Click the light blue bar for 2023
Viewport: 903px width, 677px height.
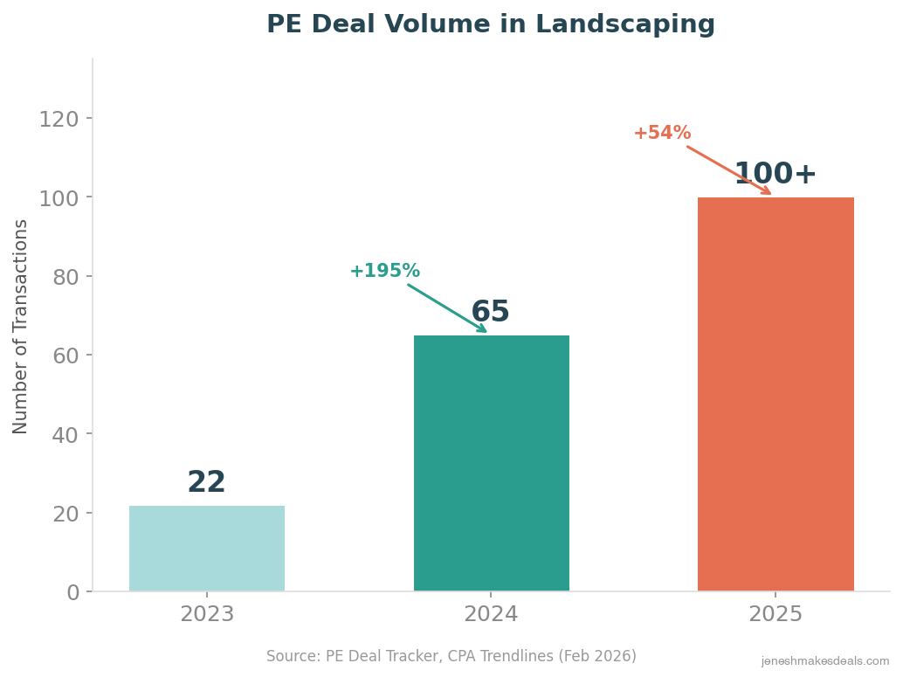click(x=207, y=549)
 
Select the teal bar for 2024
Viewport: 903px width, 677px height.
click(x=491, y=463)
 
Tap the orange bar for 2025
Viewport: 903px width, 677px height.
click(x=775, y=394)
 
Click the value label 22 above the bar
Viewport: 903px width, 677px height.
click(x=207, y=483)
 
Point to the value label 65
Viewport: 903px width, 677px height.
click(x=490, y=313)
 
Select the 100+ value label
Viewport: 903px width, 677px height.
click(x=775, y=175)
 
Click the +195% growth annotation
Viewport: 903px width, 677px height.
click(x=385, y=272)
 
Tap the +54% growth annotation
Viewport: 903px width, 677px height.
click(x=662, y=134)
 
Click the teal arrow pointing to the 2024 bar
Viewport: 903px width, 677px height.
click(x=447, y=308)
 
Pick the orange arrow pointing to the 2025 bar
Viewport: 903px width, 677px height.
click(x=728, y=170)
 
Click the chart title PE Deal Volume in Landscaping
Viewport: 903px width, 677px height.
click(x=491, y=24)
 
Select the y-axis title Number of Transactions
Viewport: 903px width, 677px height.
click(x=21, y=326)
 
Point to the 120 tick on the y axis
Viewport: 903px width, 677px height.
click(x=59, y=119)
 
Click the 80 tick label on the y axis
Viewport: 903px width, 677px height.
click(x=65, y=277)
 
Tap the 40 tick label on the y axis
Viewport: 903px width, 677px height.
click(x=65, y=434)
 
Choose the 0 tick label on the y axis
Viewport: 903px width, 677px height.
click(x=72, y=592)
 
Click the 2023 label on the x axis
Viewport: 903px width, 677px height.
click(x=207, y=615)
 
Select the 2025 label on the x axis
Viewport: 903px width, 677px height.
click(x=775, y=615)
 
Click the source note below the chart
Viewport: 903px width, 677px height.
click(x=451, y=656)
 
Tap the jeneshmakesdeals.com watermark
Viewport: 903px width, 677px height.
click(x=825, y=662)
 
